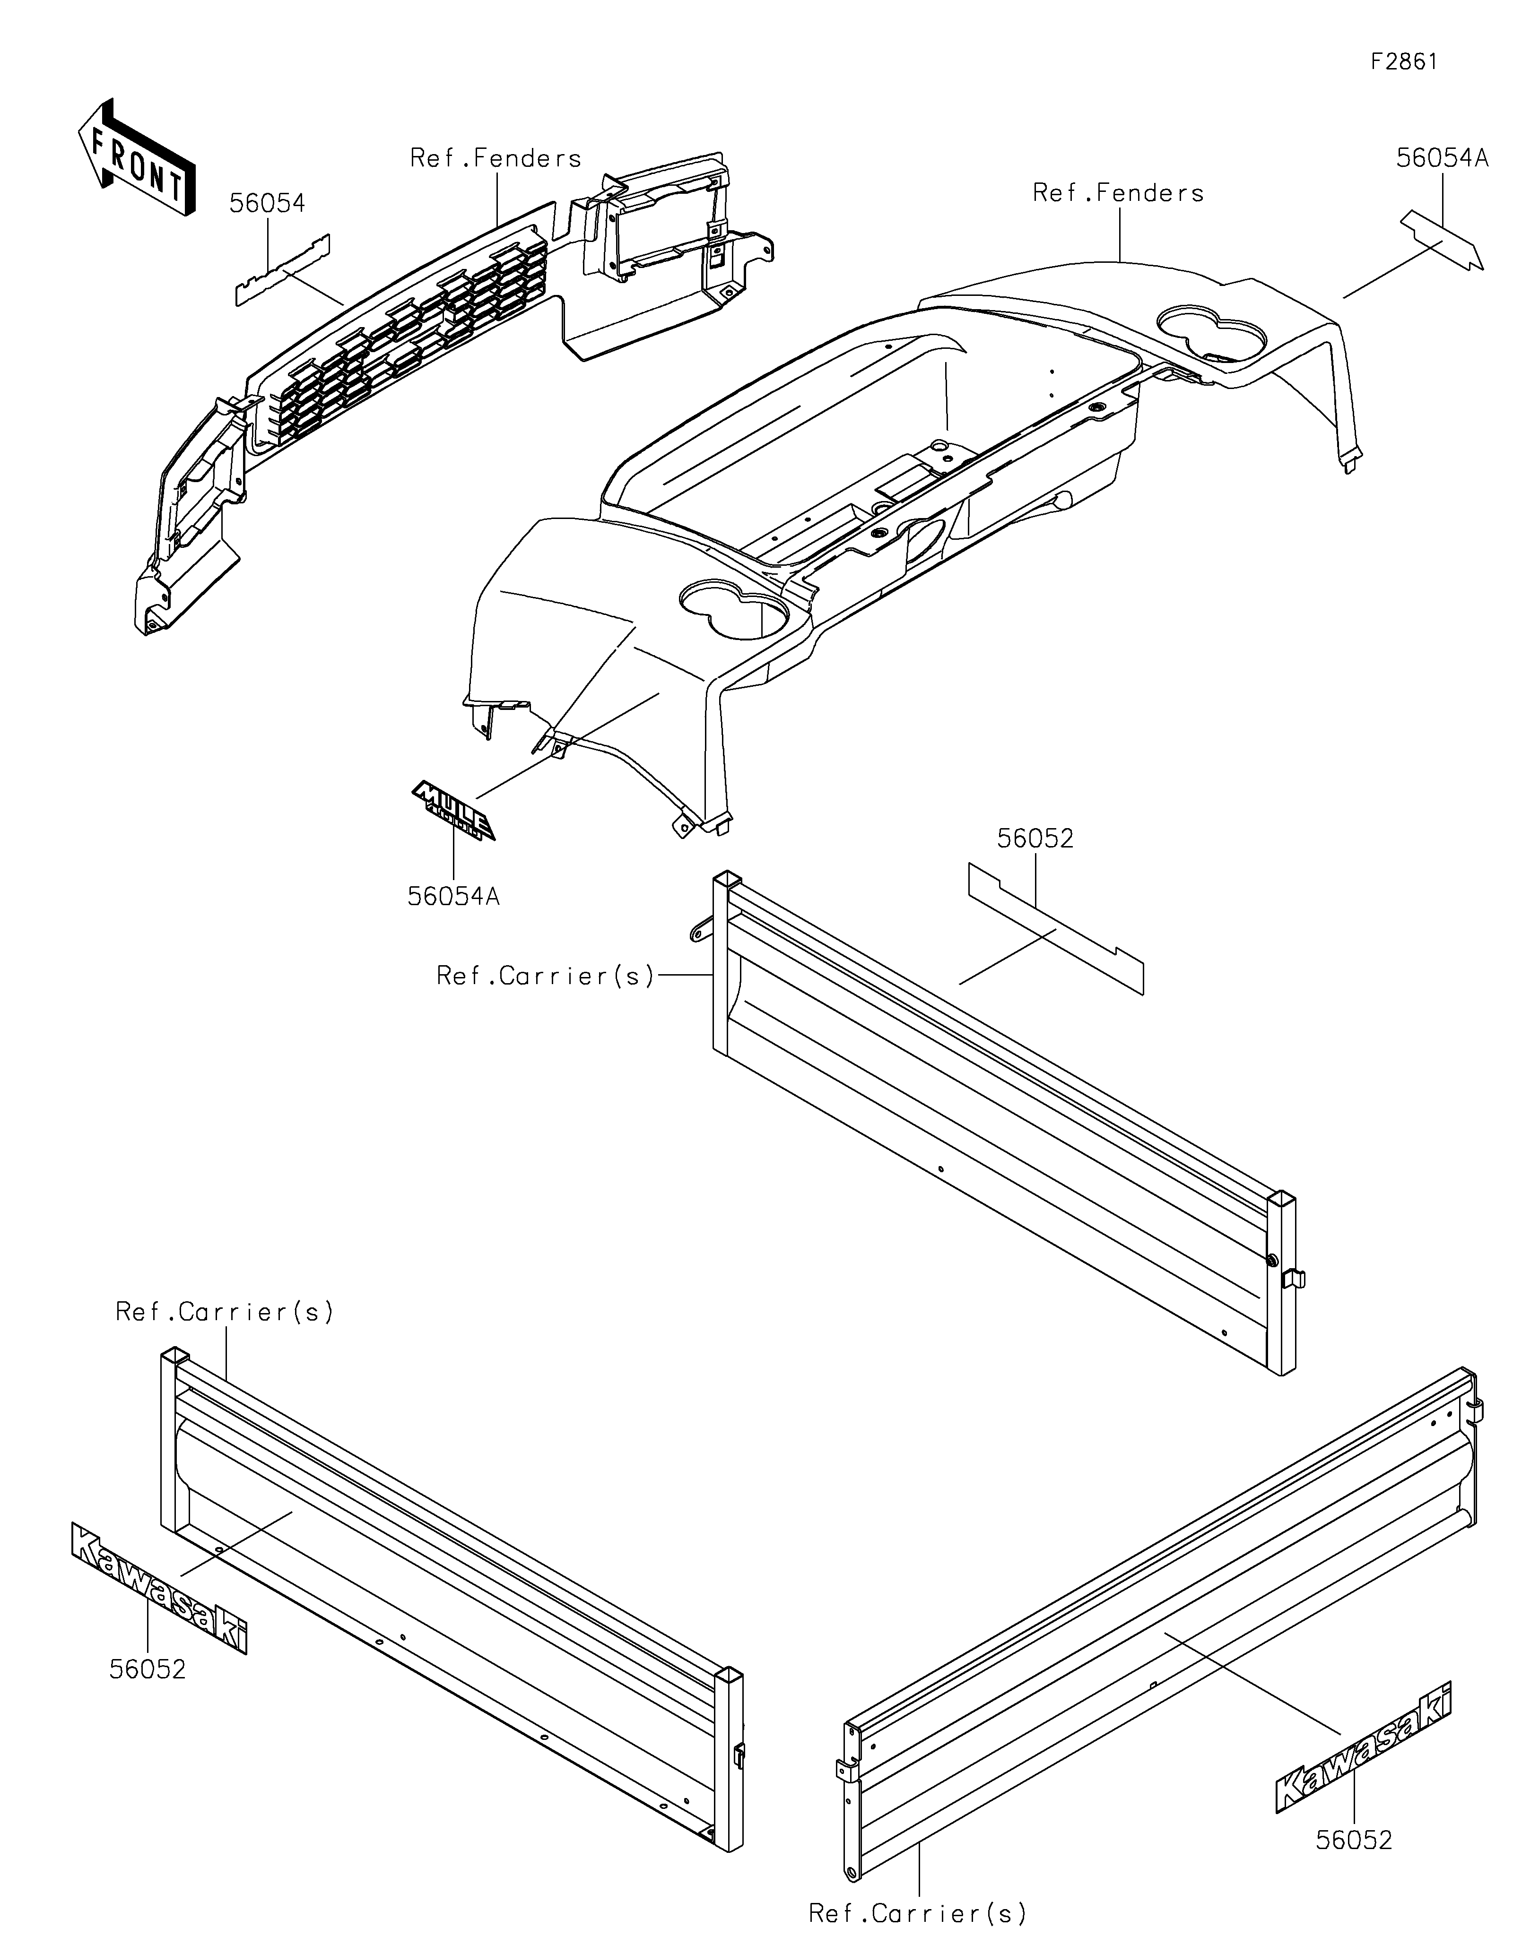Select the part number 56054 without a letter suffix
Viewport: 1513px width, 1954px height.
point(267,204)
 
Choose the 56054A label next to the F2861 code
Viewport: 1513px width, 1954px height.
point(1443,158)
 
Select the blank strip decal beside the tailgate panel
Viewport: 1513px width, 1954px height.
point(1056,928)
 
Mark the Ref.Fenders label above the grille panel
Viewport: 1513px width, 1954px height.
point(496,158)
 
